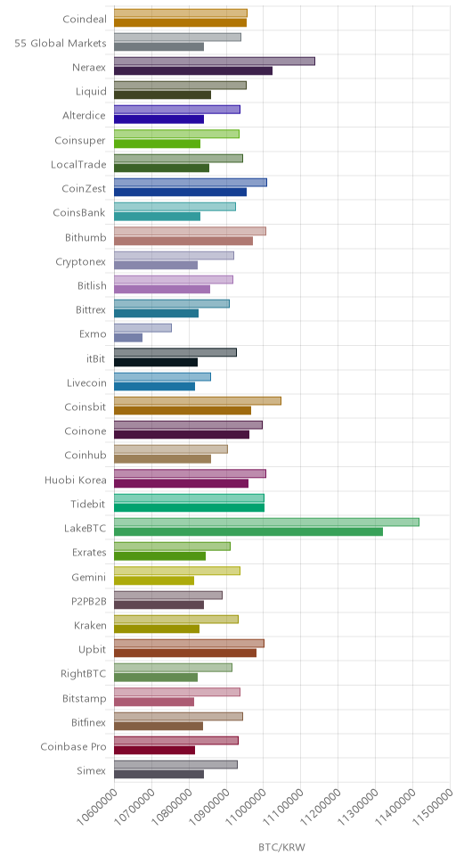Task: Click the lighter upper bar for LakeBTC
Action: (x=266, y=522)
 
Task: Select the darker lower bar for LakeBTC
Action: (x=248, y=531)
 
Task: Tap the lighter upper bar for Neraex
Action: (x=215, y=62)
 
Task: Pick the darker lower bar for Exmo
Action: (x=128, y=337)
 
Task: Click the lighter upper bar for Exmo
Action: (x=142, y=328)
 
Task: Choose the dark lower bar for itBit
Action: (x=156, y=362)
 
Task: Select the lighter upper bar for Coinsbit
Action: (x=198, y=400)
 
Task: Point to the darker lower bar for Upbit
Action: (x=185, y=653)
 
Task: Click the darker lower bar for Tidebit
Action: (x=189, y=507)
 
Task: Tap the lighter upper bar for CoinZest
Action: (x=191, y=182)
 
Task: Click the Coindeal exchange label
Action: (x=84, y=19)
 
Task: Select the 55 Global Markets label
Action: (x=61, y=43)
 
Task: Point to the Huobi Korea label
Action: (x=76, y=480)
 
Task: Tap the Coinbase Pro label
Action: (x=74, y=747)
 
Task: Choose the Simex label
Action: (x=92, y=771)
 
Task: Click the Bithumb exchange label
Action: (x=85, y=237)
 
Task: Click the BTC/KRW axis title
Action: (x=281, y=846)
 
